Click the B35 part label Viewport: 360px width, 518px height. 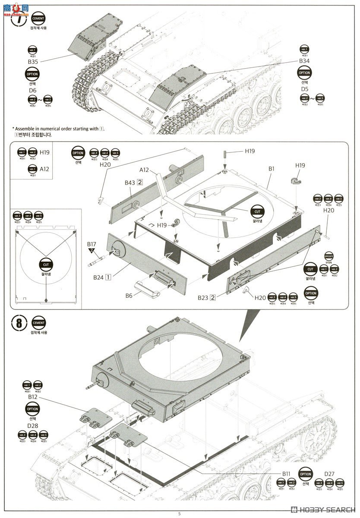[x=33, y=62]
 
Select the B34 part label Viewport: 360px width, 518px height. [x=304, y=61]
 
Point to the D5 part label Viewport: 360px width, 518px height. [x=305, y=89]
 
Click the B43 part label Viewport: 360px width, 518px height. [x=130, y=183]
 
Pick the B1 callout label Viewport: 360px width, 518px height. [x=271, y=169]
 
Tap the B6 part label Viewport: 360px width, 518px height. [x=129, y=296]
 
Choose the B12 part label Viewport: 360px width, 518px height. [x=33, y=396]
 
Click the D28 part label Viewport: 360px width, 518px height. [x=33, y=426]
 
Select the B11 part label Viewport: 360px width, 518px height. [x=287, y=474]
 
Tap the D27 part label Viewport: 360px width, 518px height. [x=329, y=474]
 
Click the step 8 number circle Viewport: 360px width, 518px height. [x=18, y=323]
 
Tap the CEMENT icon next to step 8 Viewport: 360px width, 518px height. [x=38, y=322]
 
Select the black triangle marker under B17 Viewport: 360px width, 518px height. [x=92, y=250]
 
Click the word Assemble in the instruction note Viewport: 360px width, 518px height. [x=25, y=129]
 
